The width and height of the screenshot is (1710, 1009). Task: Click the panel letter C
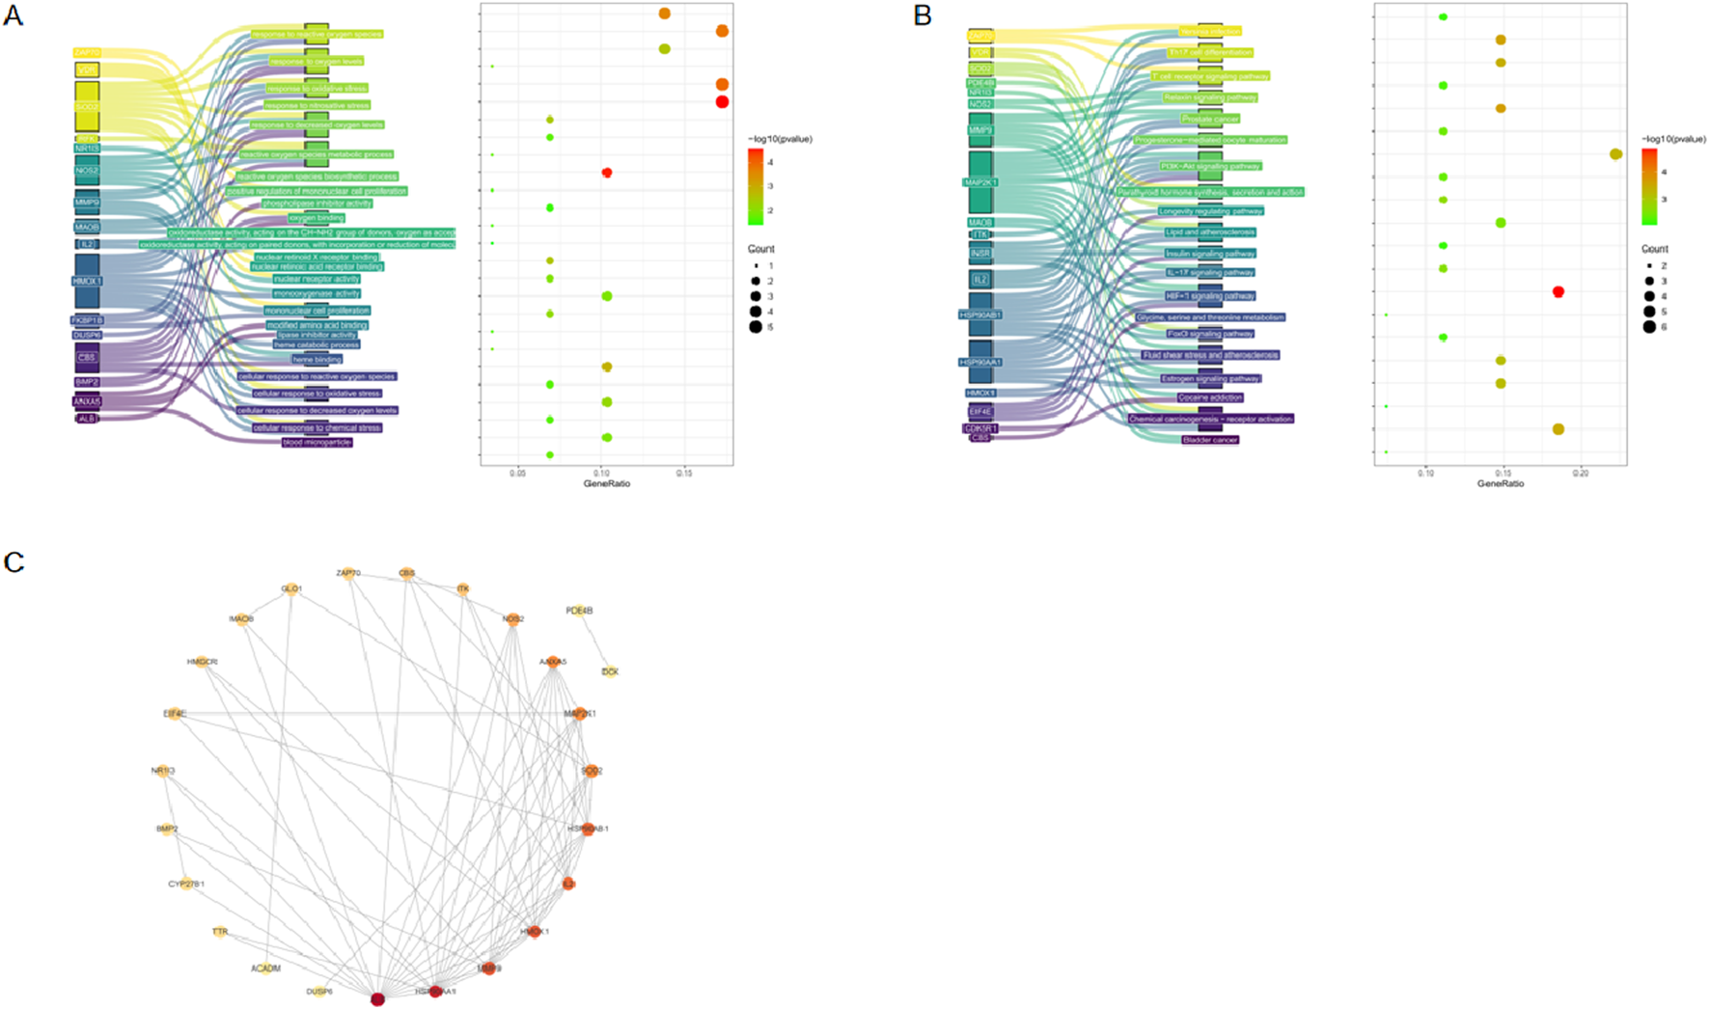[x=14, y=561]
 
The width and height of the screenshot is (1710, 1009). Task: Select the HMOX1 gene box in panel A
[x=87, y=281]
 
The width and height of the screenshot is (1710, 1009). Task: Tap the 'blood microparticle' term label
[x=317, y=443]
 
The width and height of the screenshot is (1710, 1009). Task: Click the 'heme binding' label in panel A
[x=317, y=359]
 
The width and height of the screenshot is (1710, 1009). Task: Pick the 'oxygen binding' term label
[x=316, y=218]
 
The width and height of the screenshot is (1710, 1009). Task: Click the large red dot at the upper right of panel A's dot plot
[x=722, y=101]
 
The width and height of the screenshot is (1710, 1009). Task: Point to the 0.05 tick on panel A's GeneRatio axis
[x=517, y=474]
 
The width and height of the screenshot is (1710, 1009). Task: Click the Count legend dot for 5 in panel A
[x=756, y=327]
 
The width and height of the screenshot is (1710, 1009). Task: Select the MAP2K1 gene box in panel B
[x=980, y=181]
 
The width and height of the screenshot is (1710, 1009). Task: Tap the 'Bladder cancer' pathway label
[x=1210, y=440]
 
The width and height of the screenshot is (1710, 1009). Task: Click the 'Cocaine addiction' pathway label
[x=1210, y=397]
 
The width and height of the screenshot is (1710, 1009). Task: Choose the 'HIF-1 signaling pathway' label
[x=1210, y=296]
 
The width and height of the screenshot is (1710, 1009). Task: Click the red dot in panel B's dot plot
[x=1558, y=291]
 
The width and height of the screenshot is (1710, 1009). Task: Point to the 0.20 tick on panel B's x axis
[x=1580, y=474]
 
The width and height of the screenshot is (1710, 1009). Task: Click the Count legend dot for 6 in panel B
[x=1650, y=327]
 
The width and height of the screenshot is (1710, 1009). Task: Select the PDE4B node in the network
[x=580, y=611]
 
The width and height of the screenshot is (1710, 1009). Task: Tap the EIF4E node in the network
[x=176, y=714]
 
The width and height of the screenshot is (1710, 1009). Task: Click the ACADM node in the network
[x=266, y=968]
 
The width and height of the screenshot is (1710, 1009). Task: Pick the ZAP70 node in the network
[x=348, y=574]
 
